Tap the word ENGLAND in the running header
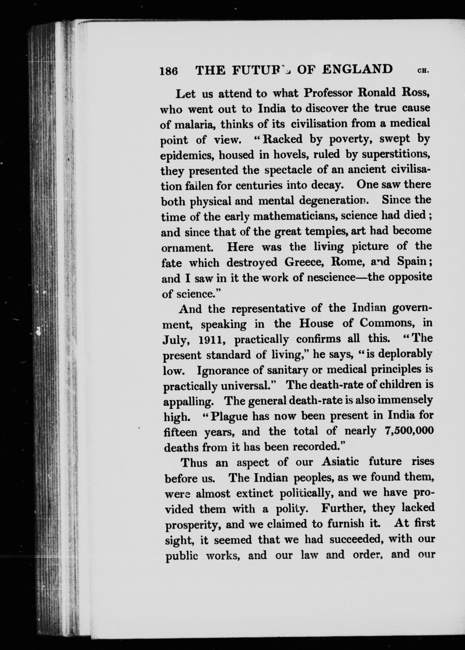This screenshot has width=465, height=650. [x=357, y=70]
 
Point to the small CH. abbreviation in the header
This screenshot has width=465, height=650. [x=423, y=71]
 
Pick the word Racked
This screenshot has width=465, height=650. [x=283, y=139]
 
